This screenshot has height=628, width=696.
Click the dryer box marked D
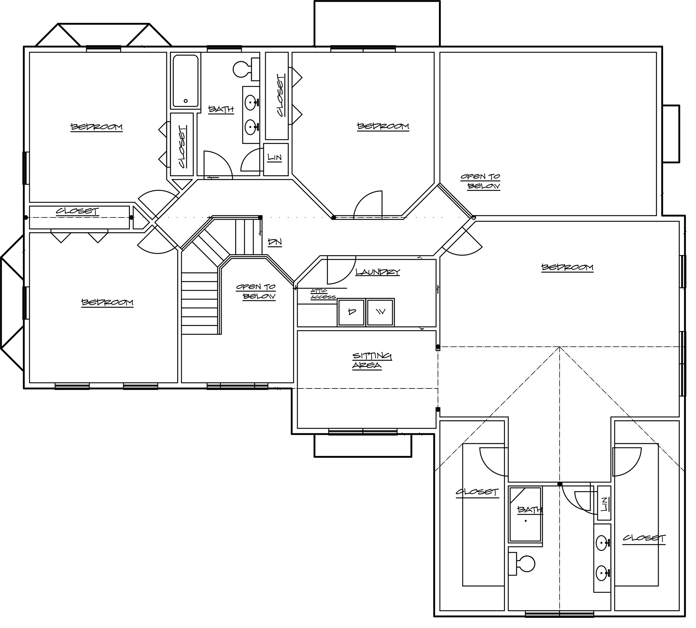(351, 312)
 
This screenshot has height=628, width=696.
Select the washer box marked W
(380, 312)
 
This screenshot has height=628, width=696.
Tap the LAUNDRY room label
(377, 272)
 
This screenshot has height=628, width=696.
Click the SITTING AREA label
(372, 361)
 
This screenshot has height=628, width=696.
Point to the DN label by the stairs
(275, 242)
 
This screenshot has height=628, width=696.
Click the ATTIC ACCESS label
(323, 294)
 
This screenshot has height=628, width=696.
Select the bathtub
(186, 81)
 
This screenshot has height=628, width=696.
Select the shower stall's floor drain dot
(526, 521)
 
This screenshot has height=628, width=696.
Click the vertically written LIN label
(604, 504)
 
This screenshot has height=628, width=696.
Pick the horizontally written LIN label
(274, 158)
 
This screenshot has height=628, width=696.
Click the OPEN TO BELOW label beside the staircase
(256, 292)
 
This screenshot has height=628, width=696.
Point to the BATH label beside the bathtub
(221, 109)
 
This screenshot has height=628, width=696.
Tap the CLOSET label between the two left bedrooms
(77, 211)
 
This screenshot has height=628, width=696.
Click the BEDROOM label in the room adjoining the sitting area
(567, 268)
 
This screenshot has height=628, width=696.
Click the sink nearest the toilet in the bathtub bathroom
(250, 103)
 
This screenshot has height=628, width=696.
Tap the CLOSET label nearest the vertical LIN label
(644, 539)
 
